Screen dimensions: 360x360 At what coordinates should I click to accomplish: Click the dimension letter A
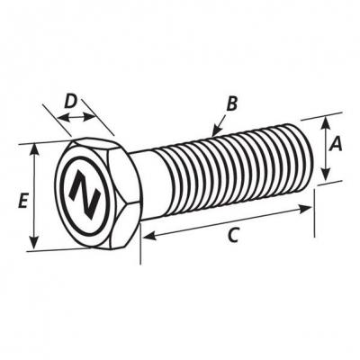click(336, 143)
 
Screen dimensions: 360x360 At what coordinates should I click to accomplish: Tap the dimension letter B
click(231, 104)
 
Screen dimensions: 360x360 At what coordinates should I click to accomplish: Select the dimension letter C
click(233, 235)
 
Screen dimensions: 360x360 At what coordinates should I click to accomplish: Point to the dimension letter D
click(70, 101)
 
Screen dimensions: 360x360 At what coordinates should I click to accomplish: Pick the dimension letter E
click(22, 201)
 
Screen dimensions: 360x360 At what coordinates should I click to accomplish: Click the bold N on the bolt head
click(85, 195)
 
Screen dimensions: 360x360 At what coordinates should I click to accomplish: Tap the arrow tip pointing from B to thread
click(213, 135)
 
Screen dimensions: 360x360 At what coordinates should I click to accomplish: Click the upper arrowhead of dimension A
click(325, 121)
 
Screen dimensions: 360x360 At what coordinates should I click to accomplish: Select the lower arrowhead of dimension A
click(326, 175)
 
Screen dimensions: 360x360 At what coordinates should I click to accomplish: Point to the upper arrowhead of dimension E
click(34, 148)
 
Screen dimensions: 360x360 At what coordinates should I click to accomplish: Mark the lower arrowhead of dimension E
click(35, 243)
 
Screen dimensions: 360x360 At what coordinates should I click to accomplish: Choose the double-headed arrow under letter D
click(76, 117)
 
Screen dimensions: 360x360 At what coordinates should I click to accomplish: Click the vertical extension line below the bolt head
click(140, 243)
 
